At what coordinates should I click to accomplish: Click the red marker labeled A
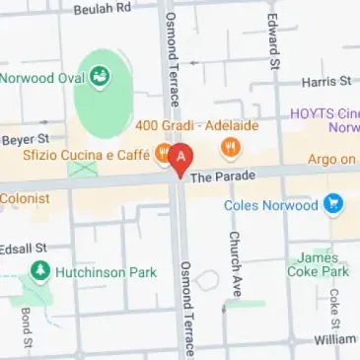click(180, 157)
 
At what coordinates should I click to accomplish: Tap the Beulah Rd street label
click(103, 8)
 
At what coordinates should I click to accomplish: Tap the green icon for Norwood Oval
click(100, 77)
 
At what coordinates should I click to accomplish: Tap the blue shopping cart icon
click(334, 205)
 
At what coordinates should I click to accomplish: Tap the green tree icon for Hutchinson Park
click(39, 269)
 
